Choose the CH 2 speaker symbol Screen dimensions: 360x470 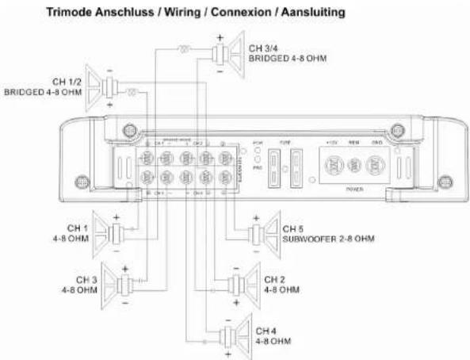243,285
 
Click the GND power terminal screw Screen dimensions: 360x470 378,167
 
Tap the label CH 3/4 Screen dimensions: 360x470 262,49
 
